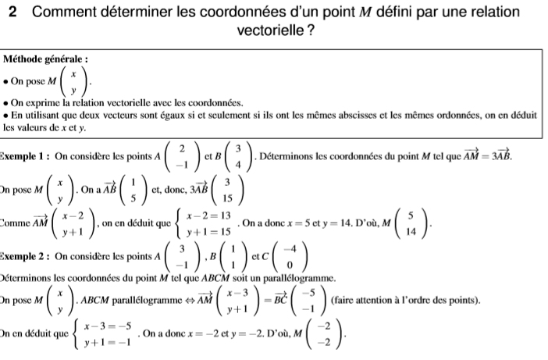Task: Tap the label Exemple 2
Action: point(23,255)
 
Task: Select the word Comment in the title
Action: point(66,12)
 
